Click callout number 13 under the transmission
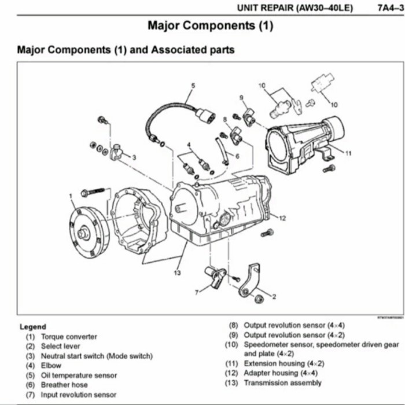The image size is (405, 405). pyautogui.click(x=177, y=272)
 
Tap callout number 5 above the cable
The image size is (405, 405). pyautogui.click(x=193, y=86)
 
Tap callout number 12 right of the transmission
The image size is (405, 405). pyautogui.click(x=282, y=218)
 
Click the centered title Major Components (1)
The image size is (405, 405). pyautogui.click(x=210, y=26)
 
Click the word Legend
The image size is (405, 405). pyautogui.click(x=33, y=326)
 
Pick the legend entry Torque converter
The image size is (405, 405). pyautogui.click(x=68, y=336)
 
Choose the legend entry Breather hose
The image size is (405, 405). pyautogui.click(x=64, y=385)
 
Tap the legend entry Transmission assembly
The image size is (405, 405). pyautogui.click(x=282, y=383)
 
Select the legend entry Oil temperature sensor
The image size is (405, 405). pyautogui.click(x=78, y=375)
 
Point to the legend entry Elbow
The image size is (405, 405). pyautogui.click(x=51, y=366)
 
